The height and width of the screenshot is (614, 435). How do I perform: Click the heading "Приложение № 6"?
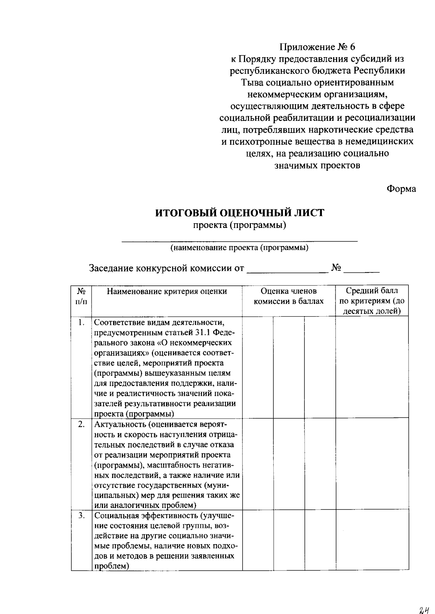317,47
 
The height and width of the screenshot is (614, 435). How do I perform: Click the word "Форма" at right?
401,189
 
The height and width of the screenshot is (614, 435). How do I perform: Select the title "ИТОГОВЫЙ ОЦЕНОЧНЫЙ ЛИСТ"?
240,213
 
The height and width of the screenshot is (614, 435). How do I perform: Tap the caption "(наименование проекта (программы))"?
240,248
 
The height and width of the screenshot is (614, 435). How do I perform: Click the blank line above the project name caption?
240,240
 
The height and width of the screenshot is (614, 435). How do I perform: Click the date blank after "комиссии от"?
286,270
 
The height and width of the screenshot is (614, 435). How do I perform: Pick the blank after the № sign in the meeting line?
361,270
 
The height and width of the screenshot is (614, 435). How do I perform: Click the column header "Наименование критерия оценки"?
167,292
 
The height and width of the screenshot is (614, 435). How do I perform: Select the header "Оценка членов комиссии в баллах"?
289,296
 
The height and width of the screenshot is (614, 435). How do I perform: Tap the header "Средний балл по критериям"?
372,301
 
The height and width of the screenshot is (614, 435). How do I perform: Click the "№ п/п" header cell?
81,296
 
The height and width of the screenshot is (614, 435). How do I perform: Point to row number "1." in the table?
82,322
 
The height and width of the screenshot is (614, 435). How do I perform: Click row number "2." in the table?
82,424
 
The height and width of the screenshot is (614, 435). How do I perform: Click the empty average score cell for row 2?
372,464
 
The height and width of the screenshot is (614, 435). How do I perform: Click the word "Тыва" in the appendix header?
253,82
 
